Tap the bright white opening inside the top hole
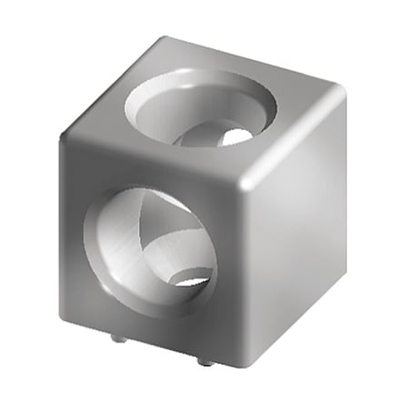point(234,136)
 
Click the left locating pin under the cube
point(115,339)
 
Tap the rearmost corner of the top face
point(165,40)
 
